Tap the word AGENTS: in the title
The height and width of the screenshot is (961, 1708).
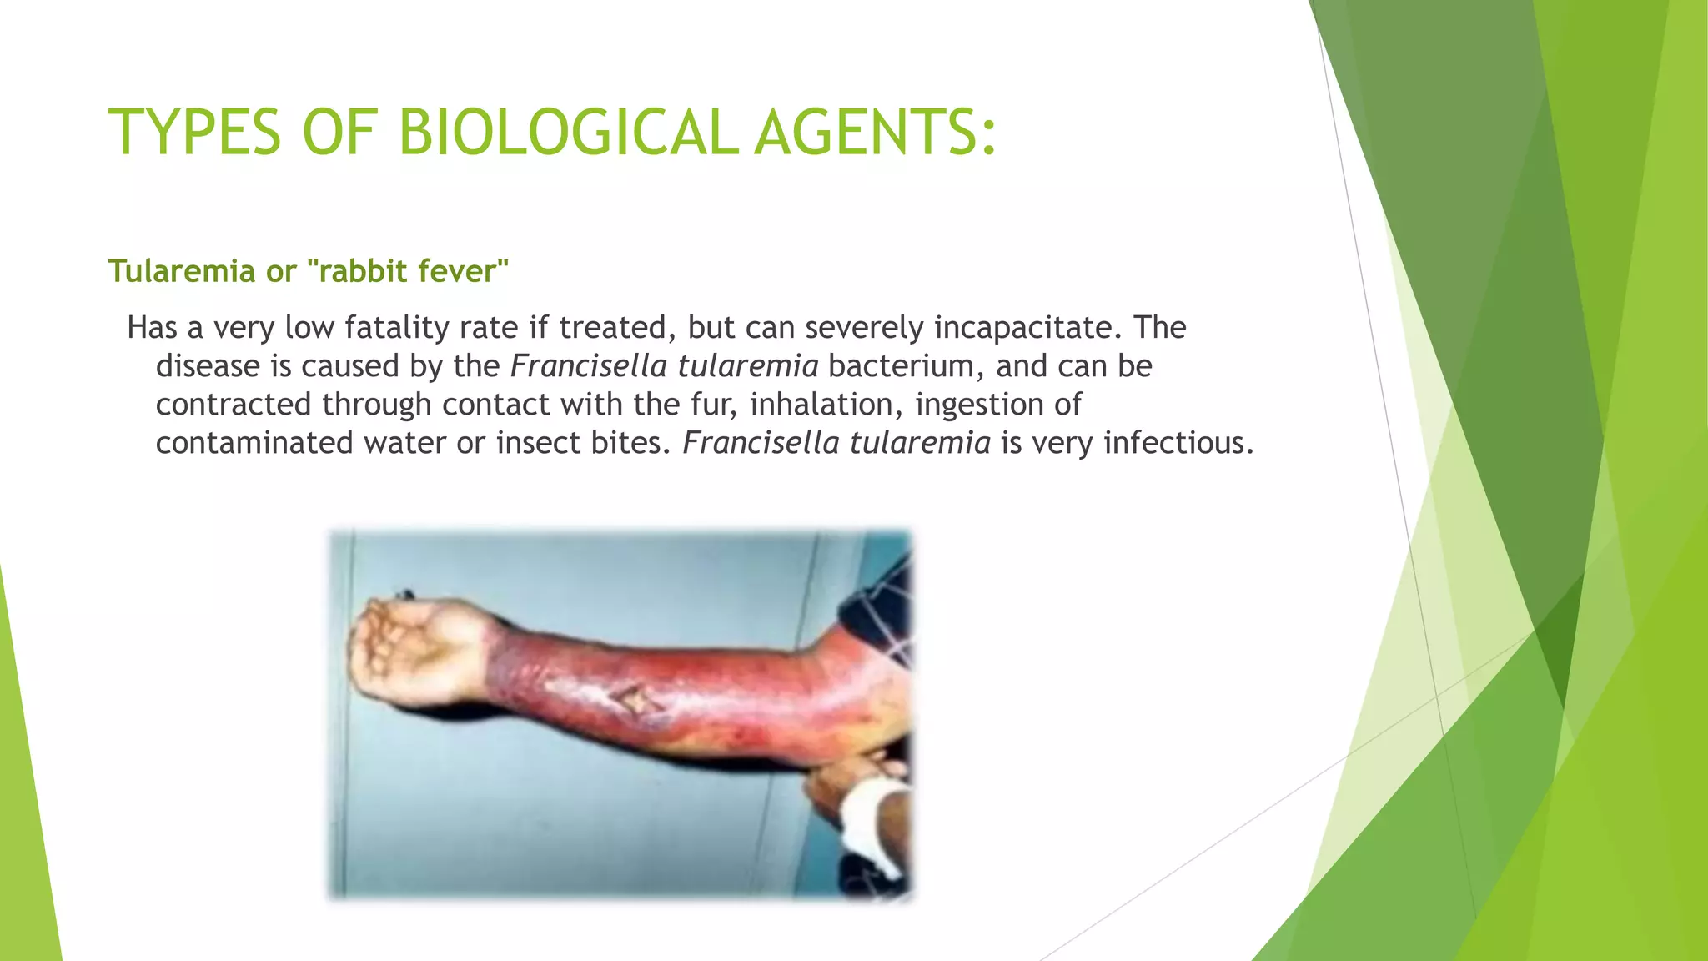point(875,133)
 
